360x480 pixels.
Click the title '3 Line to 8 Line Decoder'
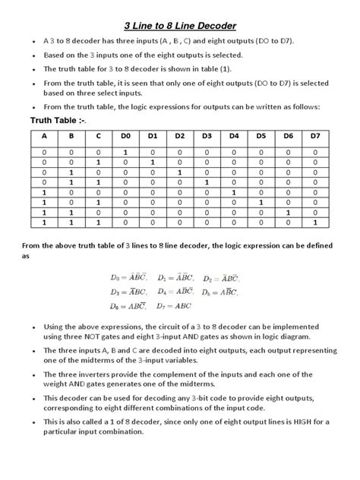coord(179,25)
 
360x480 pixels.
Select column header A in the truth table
coord(44,137)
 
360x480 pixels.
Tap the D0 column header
coord(125,137)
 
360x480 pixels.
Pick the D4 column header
coord(233,137)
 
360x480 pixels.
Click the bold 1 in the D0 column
coord(125,153)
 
